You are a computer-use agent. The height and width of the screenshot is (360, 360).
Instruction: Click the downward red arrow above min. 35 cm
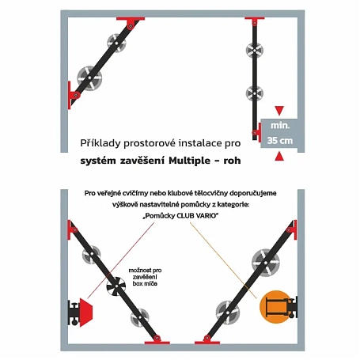point(279,110)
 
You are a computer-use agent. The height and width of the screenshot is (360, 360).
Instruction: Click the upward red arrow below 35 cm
point(279,156)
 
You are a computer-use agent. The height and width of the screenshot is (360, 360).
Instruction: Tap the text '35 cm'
point(280,141)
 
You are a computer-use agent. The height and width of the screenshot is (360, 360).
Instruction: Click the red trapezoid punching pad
point(85,313)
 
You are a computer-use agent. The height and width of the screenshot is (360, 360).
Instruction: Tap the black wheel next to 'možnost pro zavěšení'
point(116,286)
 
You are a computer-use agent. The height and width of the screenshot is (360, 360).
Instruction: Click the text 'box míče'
point(145,284)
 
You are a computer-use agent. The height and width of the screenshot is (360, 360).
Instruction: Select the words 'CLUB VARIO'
point(196,216)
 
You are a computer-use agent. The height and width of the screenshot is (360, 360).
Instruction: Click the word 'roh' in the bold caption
point(232,161)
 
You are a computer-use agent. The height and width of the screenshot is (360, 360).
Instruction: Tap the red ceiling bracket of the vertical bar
point(255,20)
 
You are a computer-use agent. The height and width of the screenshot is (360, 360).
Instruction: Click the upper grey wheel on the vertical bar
point(254,50)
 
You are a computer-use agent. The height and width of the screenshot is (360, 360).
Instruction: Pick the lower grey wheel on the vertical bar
point(255,93)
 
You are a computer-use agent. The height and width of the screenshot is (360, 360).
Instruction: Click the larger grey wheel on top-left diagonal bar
point(89,78)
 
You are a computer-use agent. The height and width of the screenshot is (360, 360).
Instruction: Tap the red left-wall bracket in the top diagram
point(71,95)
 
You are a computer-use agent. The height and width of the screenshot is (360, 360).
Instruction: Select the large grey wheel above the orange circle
point(266,263)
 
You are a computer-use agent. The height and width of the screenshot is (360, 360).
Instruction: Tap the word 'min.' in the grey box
point(280,126)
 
